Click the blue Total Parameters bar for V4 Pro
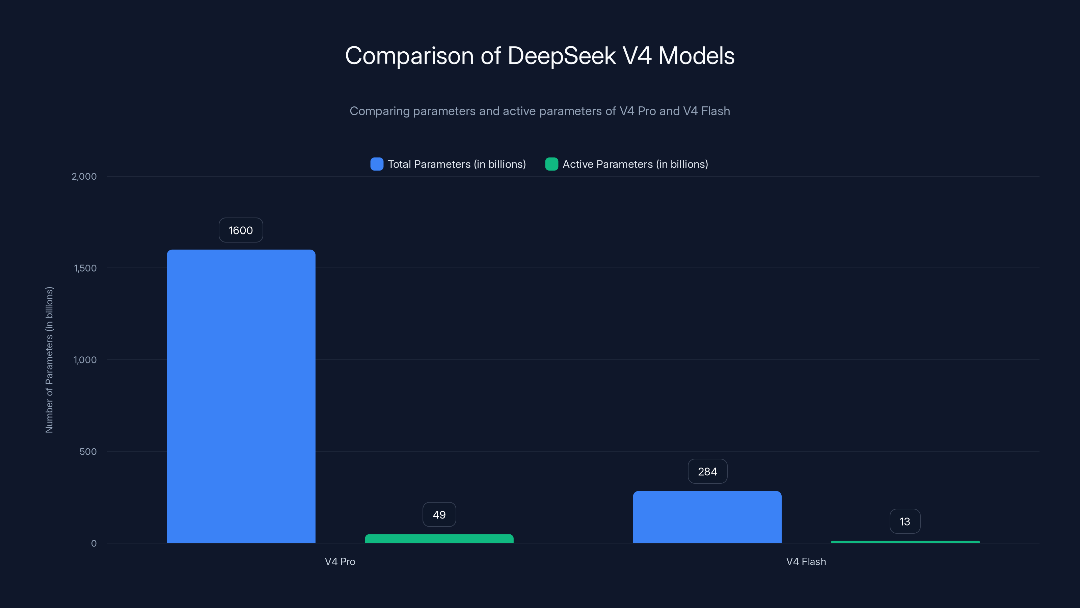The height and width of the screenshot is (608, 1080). coord(241,397)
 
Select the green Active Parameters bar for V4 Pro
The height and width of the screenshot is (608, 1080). coord(439,538)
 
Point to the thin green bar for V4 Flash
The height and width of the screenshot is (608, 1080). coord(905,542)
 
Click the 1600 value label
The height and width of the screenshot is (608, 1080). coord(241,230)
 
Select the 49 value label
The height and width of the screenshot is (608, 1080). coord(439,515)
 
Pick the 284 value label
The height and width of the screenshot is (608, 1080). coord(707,472)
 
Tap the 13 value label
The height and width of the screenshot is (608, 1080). coord(905,522)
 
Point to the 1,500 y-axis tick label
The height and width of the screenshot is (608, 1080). coord(85,268)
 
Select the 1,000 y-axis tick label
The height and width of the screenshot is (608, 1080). coord(85,360)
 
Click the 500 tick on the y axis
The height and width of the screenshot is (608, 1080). coord(88,452)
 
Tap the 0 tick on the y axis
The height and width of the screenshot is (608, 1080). coord(94,543)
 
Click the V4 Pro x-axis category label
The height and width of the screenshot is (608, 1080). coord(340,561)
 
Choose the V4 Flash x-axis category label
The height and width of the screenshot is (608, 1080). coord(806,561)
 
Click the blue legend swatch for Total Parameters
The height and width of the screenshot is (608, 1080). coord(377,164)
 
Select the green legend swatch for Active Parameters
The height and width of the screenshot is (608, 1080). coord(551,164)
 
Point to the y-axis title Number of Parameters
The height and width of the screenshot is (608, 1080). coord(49,360)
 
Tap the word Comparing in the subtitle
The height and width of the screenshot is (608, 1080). coord(379,111)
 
